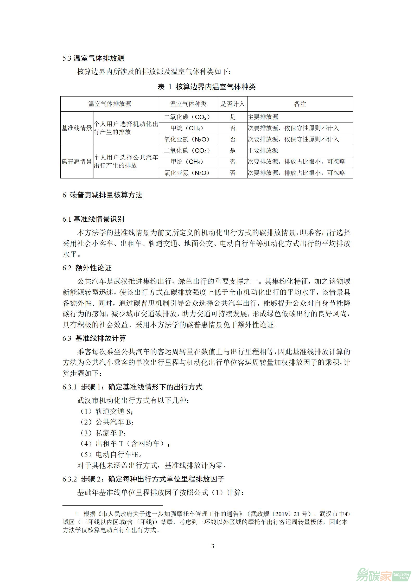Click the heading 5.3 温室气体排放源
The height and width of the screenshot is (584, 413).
[x=93, y=58]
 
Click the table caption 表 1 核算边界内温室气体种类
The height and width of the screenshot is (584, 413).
[x=206, y=87]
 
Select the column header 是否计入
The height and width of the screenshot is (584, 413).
[x=232, y=104]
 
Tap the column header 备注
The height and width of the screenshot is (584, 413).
[x=300, y=104]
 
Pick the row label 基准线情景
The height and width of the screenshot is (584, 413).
[x=77, y=128]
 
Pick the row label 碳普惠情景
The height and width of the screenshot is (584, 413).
[x=77, y=162]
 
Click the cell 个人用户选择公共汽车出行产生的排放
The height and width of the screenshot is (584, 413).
[x=126, y=162]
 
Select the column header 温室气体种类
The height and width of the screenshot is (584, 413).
[x=188, y=104]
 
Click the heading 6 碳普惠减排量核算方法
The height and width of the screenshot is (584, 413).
[x=102, y=195]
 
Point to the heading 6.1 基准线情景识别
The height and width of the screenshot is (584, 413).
[x=93, y=219]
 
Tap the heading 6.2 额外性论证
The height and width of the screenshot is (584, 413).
[x=87, y=268]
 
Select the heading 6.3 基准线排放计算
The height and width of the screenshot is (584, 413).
[x=94, y=338]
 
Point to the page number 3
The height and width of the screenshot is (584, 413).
[x=213, y=546]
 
